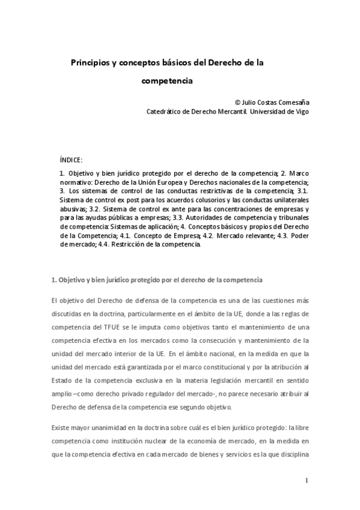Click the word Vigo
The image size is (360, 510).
click(x=302, y=111)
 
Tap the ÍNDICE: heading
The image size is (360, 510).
click(x=71, y=160)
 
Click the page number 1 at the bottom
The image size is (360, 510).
click(x=306, y=481)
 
